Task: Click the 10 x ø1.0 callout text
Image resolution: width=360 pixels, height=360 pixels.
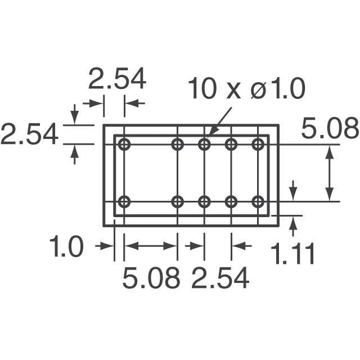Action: [246, 89]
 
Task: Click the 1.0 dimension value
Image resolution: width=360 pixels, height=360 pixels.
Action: [66, 247]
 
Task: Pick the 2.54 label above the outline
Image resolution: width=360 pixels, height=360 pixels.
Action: [117, 79]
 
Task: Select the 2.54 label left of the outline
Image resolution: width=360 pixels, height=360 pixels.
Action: [29, 135]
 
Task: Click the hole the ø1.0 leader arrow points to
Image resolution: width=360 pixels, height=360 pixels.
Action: [204, 145]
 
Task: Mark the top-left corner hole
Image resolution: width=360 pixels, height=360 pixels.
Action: [124, 145]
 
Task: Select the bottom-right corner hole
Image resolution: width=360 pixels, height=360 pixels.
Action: [258, 201]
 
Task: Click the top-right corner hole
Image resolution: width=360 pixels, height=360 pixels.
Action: [258, 145]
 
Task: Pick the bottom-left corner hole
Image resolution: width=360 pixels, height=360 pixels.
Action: [124, 201]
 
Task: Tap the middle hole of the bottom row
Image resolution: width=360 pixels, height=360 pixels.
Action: [204, 201]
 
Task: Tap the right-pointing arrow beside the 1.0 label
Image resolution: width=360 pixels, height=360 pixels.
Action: [105, 246]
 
